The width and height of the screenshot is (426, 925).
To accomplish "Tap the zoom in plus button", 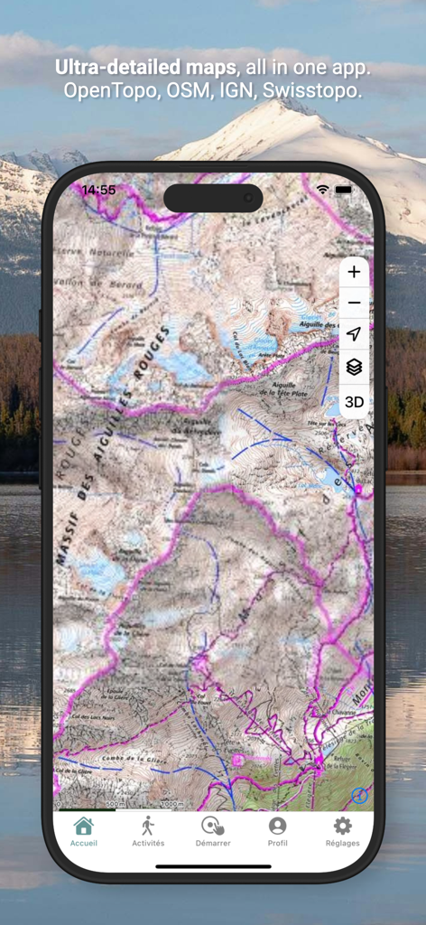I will (354, 272).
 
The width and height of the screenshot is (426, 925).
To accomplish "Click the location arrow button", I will (354, 334).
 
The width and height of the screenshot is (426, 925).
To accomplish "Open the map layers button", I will (354, 367).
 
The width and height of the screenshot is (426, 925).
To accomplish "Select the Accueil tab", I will (84, 831).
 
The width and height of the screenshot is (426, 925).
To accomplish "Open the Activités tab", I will (148, 831).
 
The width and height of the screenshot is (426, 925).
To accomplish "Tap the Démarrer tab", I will (213, 831).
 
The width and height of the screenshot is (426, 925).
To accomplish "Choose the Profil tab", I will (278, 831).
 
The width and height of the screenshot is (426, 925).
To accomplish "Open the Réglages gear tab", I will (342, 831).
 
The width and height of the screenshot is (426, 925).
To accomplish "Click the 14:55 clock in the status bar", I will (98, 191).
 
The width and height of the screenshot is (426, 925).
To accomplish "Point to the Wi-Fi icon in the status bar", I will (323, 190).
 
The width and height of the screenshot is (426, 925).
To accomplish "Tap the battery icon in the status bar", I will (344, 190).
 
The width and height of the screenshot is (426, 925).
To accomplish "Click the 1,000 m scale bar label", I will (171, 803).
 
